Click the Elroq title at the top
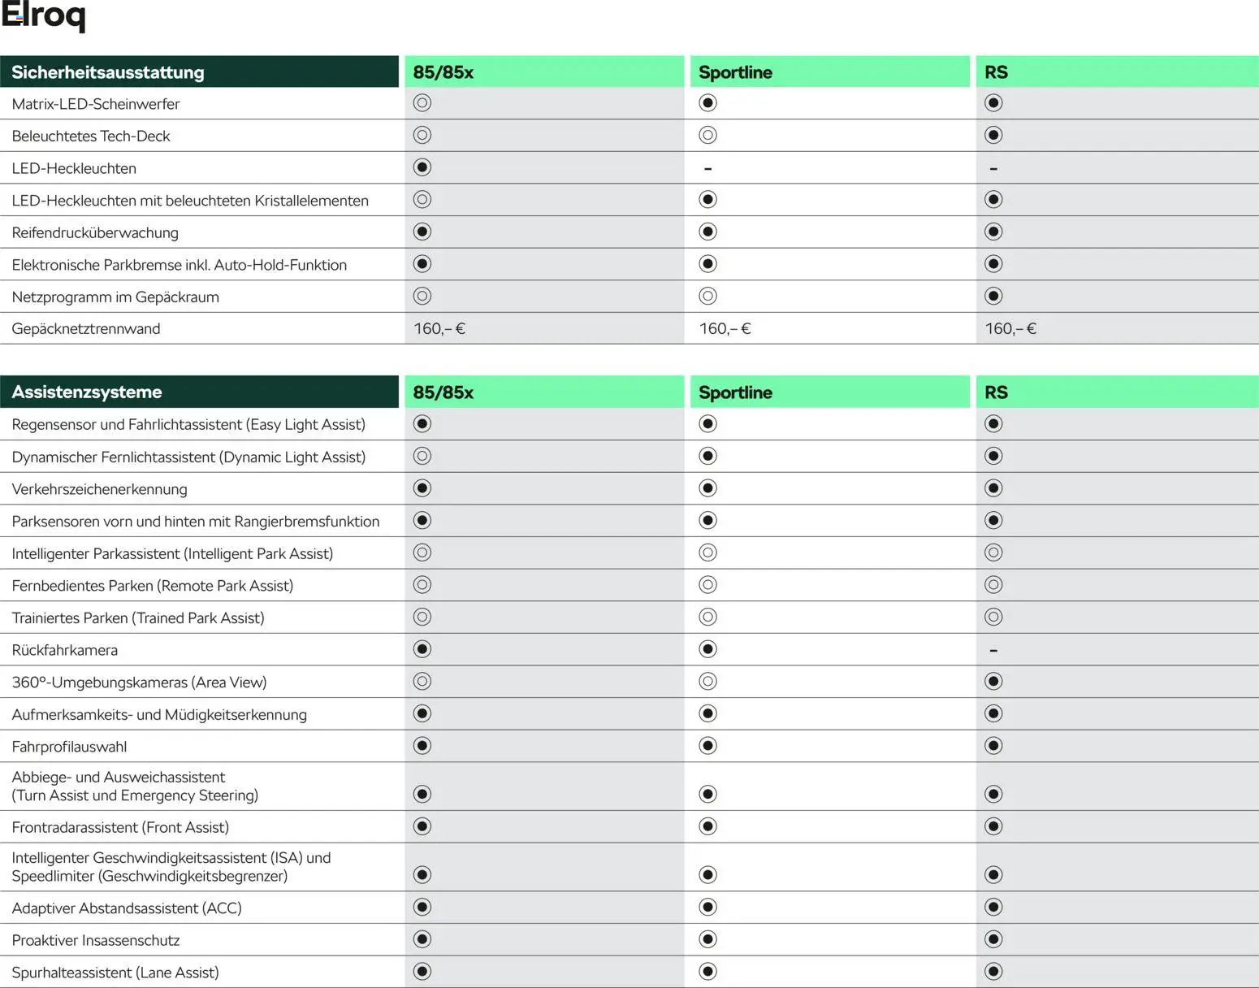point(43,17)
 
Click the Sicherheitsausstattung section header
point(108,72)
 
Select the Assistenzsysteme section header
point(87,392)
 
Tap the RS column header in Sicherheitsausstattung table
point(996,72)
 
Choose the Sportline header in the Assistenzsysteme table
point(735,392)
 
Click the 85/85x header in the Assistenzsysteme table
point(443,392)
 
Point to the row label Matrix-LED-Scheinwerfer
point(96,104)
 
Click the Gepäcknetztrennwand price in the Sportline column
point(725,329)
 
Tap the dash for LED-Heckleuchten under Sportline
point(707,169)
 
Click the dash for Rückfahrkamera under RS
point(993,651)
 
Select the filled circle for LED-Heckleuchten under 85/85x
point(422,167)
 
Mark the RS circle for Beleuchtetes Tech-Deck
point(993,136)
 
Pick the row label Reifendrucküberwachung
point(95,233)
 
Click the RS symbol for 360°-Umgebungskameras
point(993,682)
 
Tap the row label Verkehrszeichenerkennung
point(99,489)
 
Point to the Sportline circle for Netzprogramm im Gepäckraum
point(707,297)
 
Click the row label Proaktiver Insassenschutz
point(96,941)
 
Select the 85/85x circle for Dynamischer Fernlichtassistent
point(422,457)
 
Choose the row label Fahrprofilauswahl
point(69,747)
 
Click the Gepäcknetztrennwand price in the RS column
point(1010,329)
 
